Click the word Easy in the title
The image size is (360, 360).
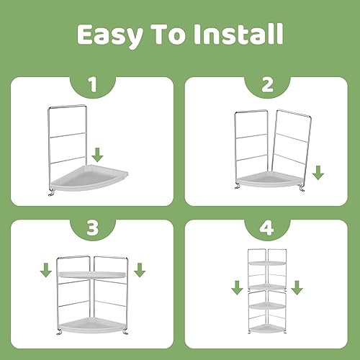click(x=110, y=35)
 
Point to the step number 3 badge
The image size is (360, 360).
click(x=93, y=229)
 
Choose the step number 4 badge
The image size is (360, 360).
click(x=267, y=229)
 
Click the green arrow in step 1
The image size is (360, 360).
click(x=97, y=155)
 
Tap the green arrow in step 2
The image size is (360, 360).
click(x=318, y=173)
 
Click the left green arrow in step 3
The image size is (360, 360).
click(x=46, y=270)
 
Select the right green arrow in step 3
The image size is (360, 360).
click(x=140, y=270)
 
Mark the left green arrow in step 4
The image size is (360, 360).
click(x=237, y=287)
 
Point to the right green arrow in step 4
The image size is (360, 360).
click(x=297, y=287)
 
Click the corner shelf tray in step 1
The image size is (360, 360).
click(x=89, y=178)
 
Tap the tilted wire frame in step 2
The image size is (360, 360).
click(x=291, y=146)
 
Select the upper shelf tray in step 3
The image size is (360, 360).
click(x=92, y=275)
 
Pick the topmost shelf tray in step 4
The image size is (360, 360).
click(x=267, y=263)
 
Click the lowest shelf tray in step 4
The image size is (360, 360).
click(x=267, y=328)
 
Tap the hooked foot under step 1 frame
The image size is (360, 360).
click(x=51, y=193)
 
